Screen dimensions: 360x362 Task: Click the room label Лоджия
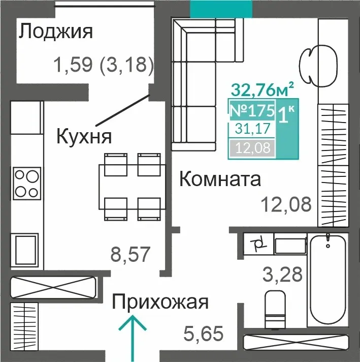(x=55, y=32)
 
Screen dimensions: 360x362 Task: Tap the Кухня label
(x=84, y=136)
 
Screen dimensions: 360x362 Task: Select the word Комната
(x=220, y=179)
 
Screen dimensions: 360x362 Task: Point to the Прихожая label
(x=160, y=302)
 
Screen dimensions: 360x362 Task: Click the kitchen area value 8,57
(x=130, y=254)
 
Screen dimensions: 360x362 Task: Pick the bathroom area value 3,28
(x=282, y=274)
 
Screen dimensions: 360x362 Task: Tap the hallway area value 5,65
(x=204, y=333)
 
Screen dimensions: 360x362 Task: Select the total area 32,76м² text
(x=263, y=89)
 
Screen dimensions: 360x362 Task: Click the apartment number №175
(x=252, y=111)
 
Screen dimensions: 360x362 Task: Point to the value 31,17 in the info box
(x=252, y=129)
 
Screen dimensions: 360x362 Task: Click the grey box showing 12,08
(x=252, y=147)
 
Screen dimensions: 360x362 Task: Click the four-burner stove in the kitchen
(x=27, y=184)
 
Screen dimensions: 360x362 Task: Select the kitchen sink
(x=25, y=251)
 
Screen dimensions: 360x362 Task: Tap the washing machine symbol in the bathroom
(x=258, y=244)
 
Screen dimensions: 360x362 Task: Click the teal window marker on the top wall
(x=221, y=9)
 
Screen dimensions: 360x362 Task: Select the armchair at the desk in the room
(x=309, y=66)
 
